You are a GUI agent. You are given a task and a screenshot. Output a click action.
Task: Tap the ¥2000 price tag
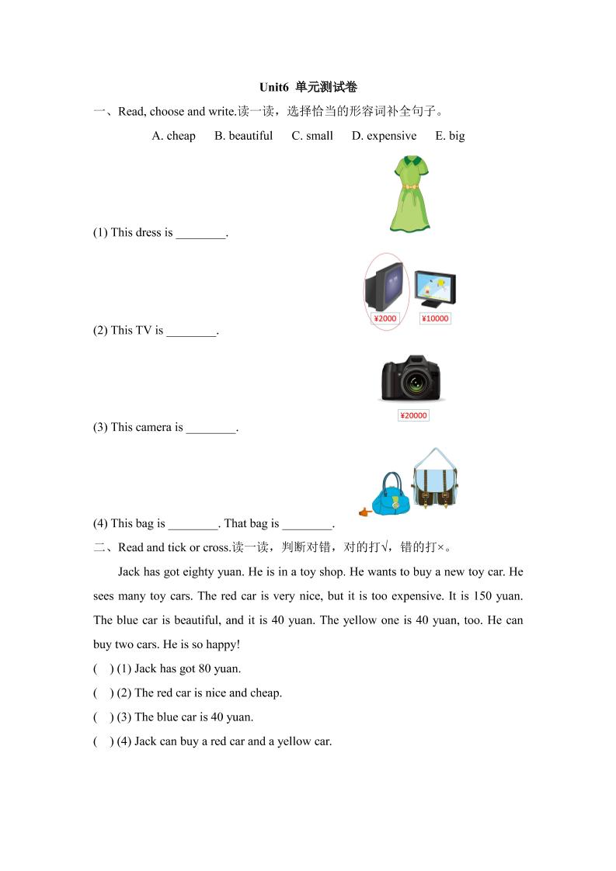pos(385,318)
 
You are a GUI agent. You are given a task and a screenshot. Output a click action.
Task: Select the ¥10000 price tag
pos(435,318)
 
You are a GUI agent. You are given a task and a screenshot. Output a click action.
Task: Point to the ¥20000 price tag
pos(413,415)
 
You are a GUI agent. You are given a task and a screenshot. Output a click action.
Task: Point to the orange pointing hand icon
pos(364,512)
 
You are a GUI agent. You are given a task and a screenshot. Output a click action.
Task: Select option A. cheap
pos(174,136)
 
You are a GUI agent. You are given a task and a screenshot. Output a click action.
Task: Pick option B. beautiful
pos(243,136)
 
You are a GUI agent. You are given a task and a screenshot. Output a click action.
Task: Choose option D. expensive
pos(384,136)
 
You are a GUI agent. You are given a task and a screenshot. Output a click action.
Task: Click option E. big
pos(450,136)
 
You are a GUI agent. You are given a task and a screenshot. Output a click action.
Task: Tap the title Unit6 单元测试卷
pos(308,87)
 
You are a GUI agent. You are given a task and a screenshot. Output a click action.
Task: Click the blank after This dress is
pos(200,234)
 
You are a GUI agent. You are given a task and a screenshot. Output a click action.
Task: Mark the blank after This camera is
pos(211,429)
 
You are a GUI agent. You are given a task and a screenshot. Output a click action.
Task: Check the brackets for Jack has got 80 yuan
pos(102,668)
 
